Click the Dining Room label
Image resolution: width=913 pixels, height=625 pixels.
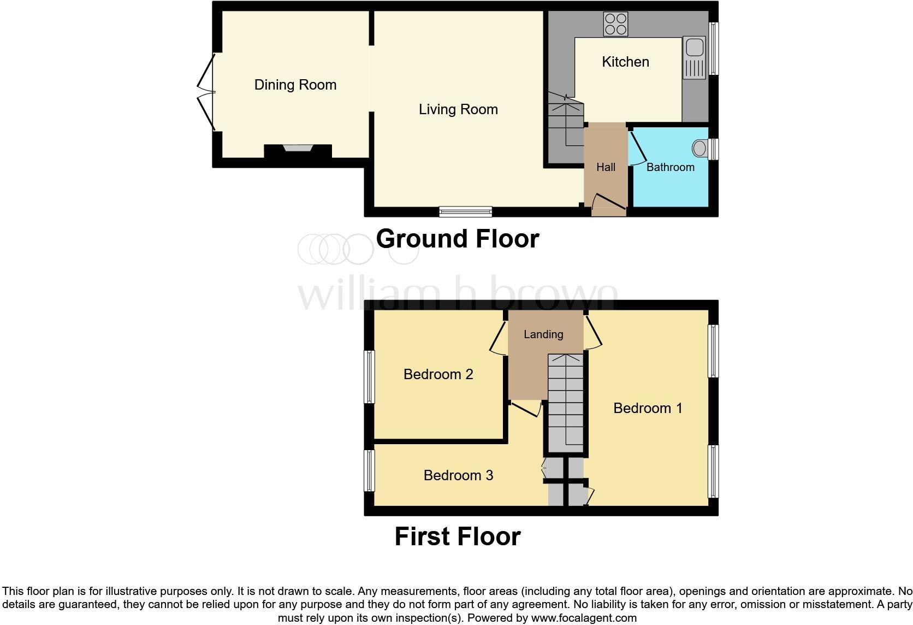tap(295, 85)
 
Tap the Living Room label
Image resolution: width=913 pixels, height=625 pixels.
tap(458, 109)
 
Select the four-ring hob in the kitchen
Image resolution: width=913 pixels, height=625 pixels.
tap(615, 24)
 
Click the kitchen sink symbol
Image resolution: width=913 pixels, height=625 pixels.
tap(695, 57)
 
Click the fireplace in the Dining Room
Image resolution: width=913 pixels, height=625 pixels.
tap(298, 149)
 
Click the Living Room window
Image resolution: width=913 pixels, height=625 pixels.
tap(466, 211)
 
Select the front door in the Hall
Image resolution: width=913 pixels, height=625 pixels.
tap(609, 202)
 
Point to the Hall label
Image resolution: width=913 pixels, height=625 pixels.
tap(606, 167)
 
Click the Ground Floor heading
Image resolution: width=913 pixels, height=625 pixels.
tap(457, 239)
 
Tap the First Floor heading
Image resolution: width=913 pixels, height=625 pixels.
tap(457, 536)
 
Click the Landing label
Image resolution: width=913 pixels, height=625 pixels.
tap(543, 334)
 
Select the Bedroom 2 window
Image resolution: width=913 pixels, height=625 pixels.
tap(370, 377)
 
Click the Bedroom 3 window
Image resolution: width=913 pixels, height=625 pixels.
tap(370, 470)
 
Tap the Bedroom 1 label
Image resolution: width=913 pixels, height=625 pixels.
tap(648, 408)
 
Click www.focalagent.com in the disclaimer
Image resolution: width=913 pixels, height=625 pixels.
tap(584, 618)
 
